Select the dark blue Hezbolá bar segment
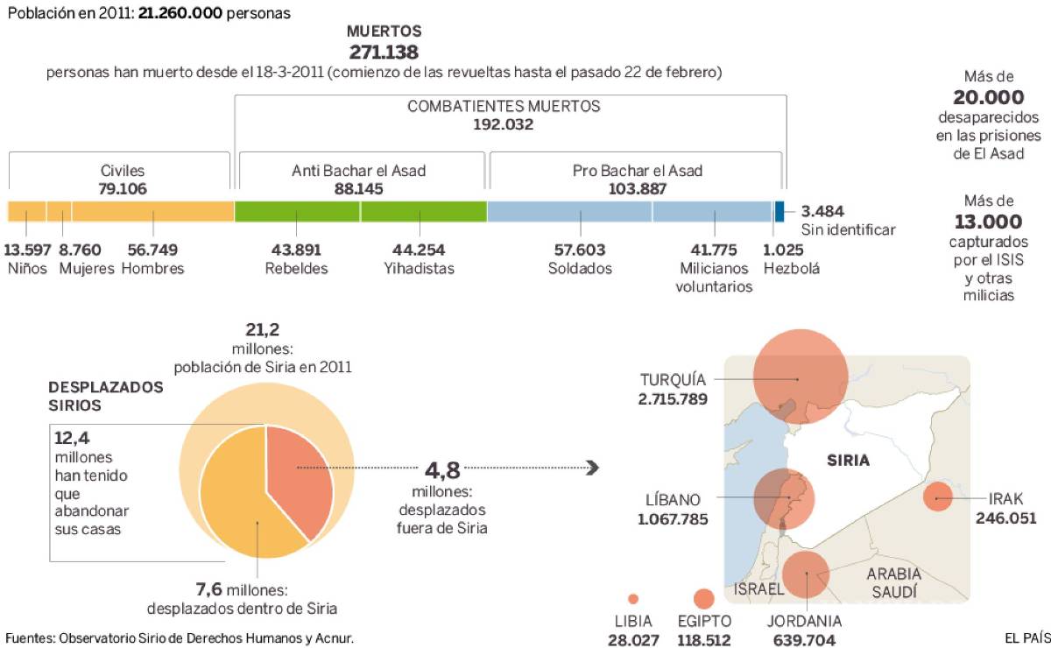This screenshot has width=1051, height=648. point(779,211)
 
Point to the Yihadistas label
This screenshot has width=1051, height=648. point(419,269)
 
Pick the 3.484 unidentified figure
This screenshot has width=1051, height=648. point(822,211)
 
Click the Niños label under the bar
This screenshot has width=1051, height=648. point(27,269)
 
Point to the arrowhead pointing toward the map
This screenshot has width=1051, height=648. point(593,468)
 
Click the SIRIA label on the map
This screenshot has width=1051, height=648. point(849,461)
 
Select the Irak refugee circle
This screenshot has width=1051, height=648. point(937,498)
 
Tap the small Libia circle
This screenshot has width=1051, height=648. point(633,599)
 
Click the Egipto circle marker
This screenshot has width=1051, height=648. point(703,599)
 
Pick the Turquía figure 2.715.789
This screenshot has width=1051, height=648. point(674,399)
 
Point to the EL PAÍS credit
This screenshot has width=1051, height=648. point(1026,637)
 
